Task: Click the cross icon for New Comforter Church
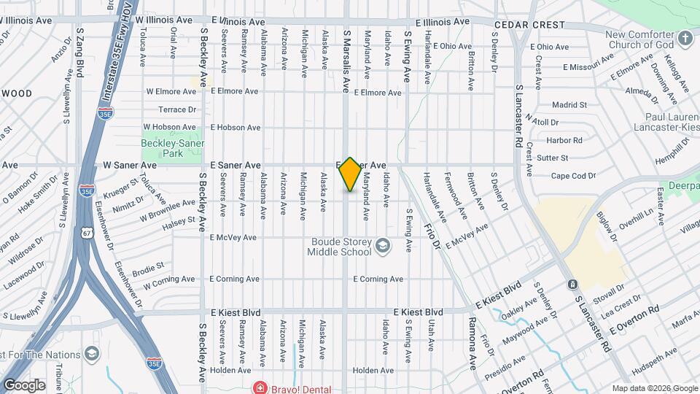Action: click(x=685, y=37)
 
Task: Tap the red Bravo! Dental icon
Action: click(x=257, y=387)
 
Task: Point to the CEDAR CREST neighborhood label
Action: click(x=529, y=25)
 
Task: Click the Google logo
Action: click(x=24, y=385)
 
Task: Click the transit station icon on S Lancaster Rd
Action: click(x=572, y=284)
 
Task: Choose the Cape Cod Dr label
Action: click(x=573, y=176)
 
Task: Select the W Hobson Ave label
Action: click(x=170, y=127)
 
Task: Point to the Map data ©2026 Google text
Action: click(x=655, y=388)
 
